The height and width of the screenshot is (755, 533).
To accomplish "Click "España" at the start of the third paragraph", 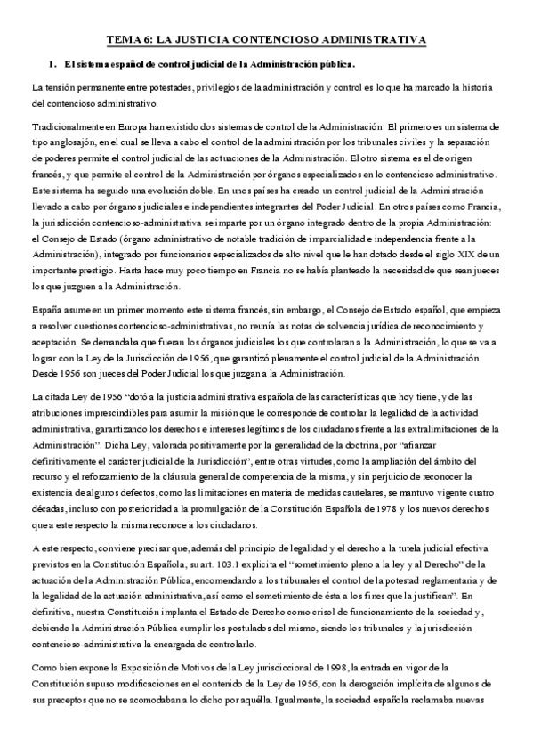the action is (x=48, y=309).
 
